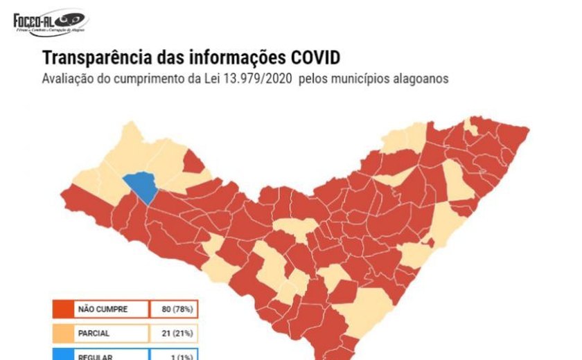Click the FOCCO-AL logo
coord(50,24)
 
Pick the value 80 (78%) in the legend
coord(175,309)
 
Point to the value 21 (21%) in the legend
coord(175,333)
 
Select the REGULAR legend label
coord(94,355)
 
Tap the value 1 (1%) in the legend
coord(175,355)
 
